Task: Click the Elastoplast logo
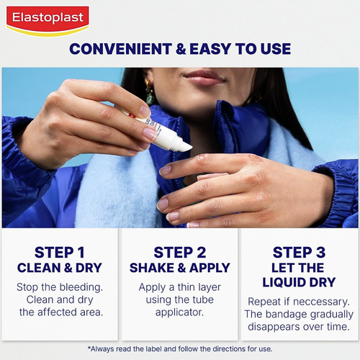coord(48,20)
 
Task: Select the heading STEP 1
coord(60,252)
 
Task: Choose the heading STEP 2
coord(179,252)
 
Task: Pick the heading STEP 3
coord(299,252)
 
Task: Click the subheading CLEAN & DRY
coord(60,268)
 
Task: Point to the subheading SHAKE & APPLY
coord(179,268)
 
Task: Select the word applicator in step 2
coord(179,312)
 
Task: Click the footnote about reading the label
coord(180,348)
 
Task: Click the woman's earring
coord(150,93)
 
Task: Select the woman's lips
coord(204,77)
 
